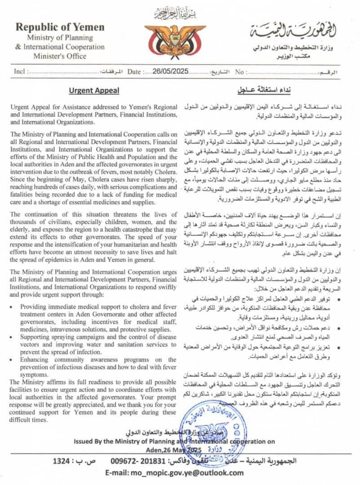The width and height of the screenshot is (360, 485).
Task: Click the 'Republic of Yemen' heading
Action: tap(60, 27)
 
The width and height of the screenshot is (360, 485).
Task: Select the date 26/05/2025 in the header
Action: tap(169, 71)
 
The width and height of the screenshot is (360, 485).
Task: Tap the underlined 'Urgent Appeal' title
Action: tap(94, 90)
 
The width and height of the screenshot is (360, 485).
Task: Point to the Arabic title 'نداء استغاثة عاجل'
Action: tap(262, 90)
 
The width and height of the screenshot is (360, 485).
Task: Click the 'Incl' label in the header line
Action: tap(19, 71)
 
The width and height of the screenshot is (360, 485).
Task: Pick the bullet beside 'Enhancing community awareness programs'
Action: tap(12, 360)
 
